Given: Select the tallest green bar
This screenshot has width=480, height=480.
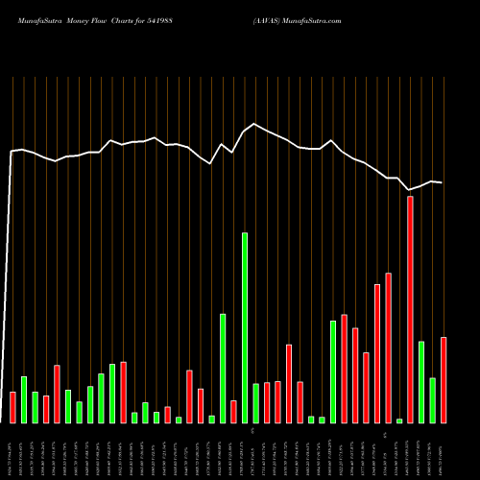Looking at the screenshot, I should [x=245, y=326].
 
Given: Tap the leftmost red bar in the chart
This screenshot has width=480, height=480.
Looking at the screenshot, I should [x=12, y=407].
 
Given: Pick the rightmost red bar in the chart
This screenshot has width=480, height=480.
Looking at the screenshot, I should [x=444, y=379].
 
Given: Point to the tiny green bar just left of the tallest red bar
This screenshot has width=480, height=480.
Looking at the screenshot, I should [x=399, y=420].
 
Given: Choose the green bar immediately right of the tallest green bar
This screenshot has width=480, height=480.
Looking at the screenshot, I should [x=255, y=403].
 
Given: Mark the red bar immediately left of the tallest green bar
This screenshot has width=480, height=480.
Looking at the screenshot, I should [x=233, y=411].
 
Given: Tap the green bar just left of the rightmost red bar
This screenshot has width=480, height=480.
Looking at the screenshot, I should [x=432, y=400].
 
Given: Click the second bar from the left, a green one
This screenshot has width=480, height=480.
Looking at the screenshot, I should [x=24, y=399].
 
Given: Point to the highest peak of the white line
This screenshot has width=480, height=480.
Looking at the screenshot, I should [x=255, y=125].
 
